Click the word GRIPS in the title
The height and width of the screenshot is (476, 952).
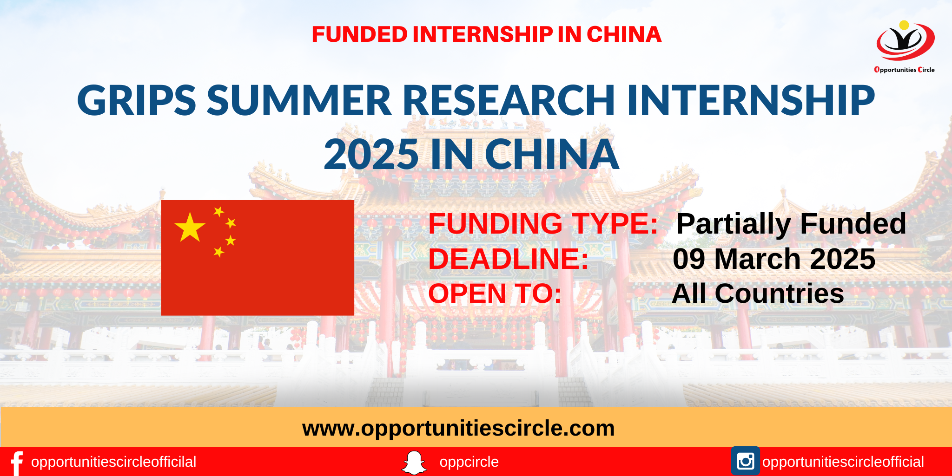tap(136, 100)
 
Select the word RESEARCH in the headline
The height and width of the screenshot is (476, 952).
tap(509, 100)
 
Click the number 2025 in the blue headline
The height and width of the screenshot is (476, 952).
tap(371, 154)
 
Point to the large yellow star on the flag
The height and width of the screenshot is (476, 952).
tap(190, 228)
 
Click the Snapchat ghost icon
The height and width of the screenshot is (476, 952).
tap(414, 463)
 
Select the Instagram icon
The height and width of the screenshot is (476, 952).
tap(745, 461)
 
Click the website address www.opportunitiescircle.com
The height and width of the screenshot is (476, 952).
tap(458, 428)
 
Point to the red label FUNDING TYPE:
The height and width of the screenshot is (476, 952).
tap(543, 224)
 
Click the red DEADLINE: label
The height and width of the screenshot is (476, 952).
tap(509, 259)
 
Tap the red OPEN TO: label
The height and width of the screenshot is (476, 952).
tap(495, 293)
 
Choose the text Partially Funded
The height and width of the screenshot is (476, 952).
tap(791, 224)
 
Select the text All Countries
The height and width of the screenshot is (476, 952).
tap(758, 293)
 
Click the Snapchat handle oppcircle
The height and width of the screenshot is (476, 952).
tap(469, 462)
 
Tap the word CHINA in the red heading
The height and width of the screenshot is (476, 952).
tap(624, 34)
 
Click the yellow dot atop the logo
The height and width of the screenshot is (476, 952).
tap(904, 25)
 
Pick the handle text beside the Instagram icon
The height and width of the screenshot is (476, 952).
tap(843, 462)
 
